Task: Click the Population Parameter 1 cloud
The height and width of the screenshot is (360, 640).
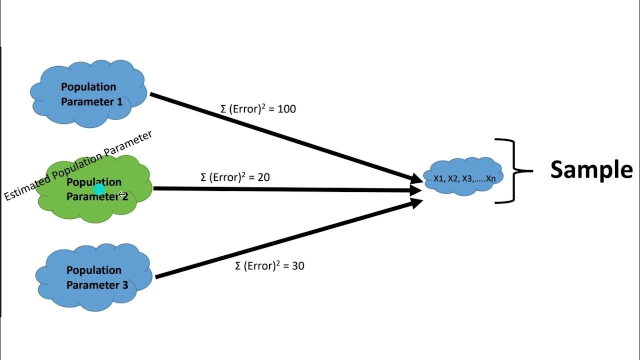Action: point(88,93)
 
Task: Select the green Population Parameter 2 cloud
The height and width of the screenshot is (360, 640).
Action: point(95,189)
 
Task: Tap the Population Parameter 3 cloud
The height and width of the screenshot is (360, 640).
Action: point(94,277)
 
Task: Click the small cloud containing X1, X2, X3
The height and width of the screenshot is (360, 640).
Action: point(463,176)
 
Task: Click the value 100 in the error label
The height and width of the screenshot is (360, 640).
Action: point(286,109)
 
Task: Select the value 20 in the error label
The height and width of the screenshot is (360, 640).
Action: point(263,177)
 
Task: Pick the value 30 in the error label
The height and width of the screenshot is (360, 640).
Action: point(298,266)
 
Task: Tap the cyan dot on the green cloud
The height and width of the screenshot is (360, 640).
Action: point(99,189)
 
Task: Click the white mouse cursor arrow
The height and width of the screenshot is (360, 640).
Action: point(122,195)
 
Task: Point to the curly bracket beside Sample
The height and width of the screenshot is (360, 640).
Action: point(513,171)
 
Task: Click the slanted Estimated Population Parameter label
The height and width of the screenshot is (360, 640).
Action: point(78,166)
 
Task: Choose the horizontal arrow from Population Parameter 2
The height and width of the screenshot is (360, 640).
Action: point(287,189)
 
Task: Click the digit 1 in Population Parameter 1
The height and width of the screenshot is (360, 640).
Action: point(119,102)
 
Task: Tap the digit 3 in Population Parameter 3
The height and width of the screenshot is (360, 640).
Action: point(125,285)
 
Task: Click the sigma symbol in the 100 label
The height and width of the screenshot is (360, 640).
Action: point(223,109)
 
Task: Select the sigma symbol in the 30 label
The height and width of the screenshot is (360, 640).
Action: point(238,266)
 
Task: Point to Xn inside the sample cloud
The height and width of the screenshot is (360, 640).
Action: point(490,178)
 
